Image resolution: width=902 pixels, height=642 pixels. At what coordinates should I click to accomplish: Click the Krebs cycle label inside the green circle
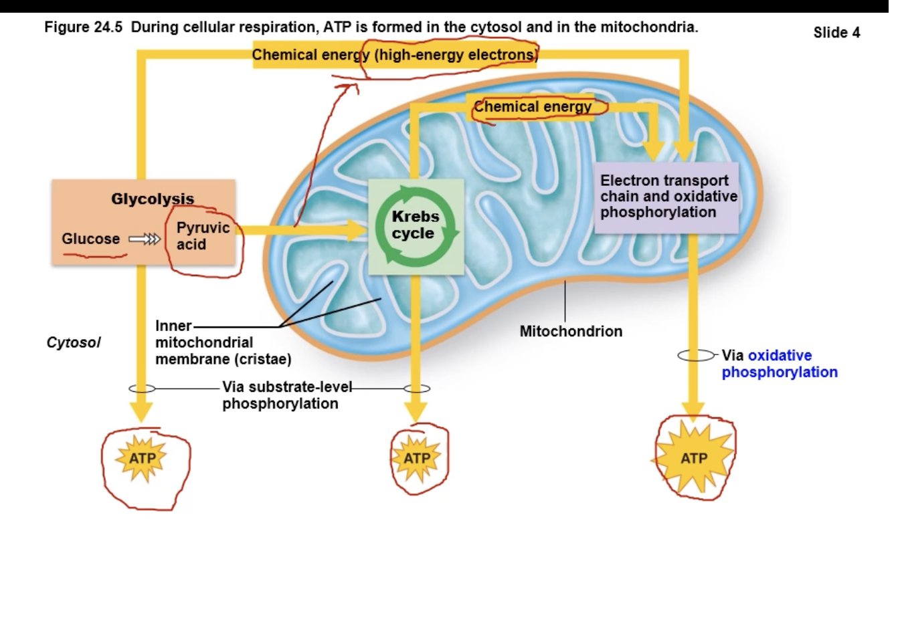click(415, 225)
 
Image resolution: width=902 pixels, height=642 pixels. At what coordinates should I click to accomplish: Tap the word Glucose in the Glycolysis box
click(90, 239)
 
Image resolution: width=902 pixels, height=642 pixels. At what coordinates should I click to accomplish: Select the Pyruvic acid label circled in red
click(202, 236)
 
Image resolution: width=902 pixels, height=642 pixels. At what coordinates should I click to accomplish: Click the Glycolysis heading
click(153, 199)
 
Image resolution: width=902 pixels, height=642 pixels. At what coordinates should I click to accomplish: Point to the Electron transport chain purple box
click(666, 197)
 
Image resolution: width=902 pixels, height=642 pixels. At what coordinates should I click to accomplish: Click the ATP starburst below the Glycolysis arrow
click(141, 458)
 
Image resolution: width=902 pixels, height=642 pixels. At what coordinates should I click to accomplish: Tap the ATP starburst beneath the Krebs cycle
click(416, 458)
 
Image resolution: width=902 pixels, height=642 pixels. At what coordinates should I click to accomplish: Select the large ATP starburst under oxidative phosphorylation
click(693, 458)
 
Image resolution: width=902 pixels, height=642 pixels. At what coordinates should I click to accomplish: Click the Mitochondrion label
click(571, 331)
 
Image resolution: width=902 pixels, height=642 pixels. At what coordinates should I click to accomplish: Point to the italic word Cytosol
click(73, 342)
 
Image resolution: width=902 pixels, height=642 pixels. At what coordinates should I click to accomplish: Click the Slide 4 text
click(836, 32)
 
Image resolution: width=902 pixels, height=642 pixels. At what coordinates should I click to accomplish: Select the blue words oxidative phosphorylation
click(780, 364)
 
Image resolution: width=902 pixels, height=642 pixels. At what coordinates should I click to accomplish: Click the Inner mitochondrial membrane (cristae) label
click(222, 342)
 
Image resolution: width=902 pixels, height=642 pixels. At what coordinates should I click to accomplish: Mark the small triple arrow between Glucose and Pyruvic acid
click(145, 239)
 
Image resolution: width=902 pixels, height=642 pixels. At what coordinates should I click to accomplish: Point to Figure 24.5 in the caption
click(83, 27)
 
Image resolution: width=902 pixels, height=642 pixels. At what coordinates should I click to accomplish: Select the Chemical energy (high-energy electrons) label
click(395, 55)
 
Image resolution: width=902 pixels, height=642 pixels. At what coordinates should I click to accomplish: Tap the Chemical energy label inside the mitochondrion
click(533, 106)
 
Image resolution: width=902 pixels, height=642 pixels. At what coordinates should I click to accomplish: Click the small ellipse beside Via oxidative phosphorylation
click(696, 356)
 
